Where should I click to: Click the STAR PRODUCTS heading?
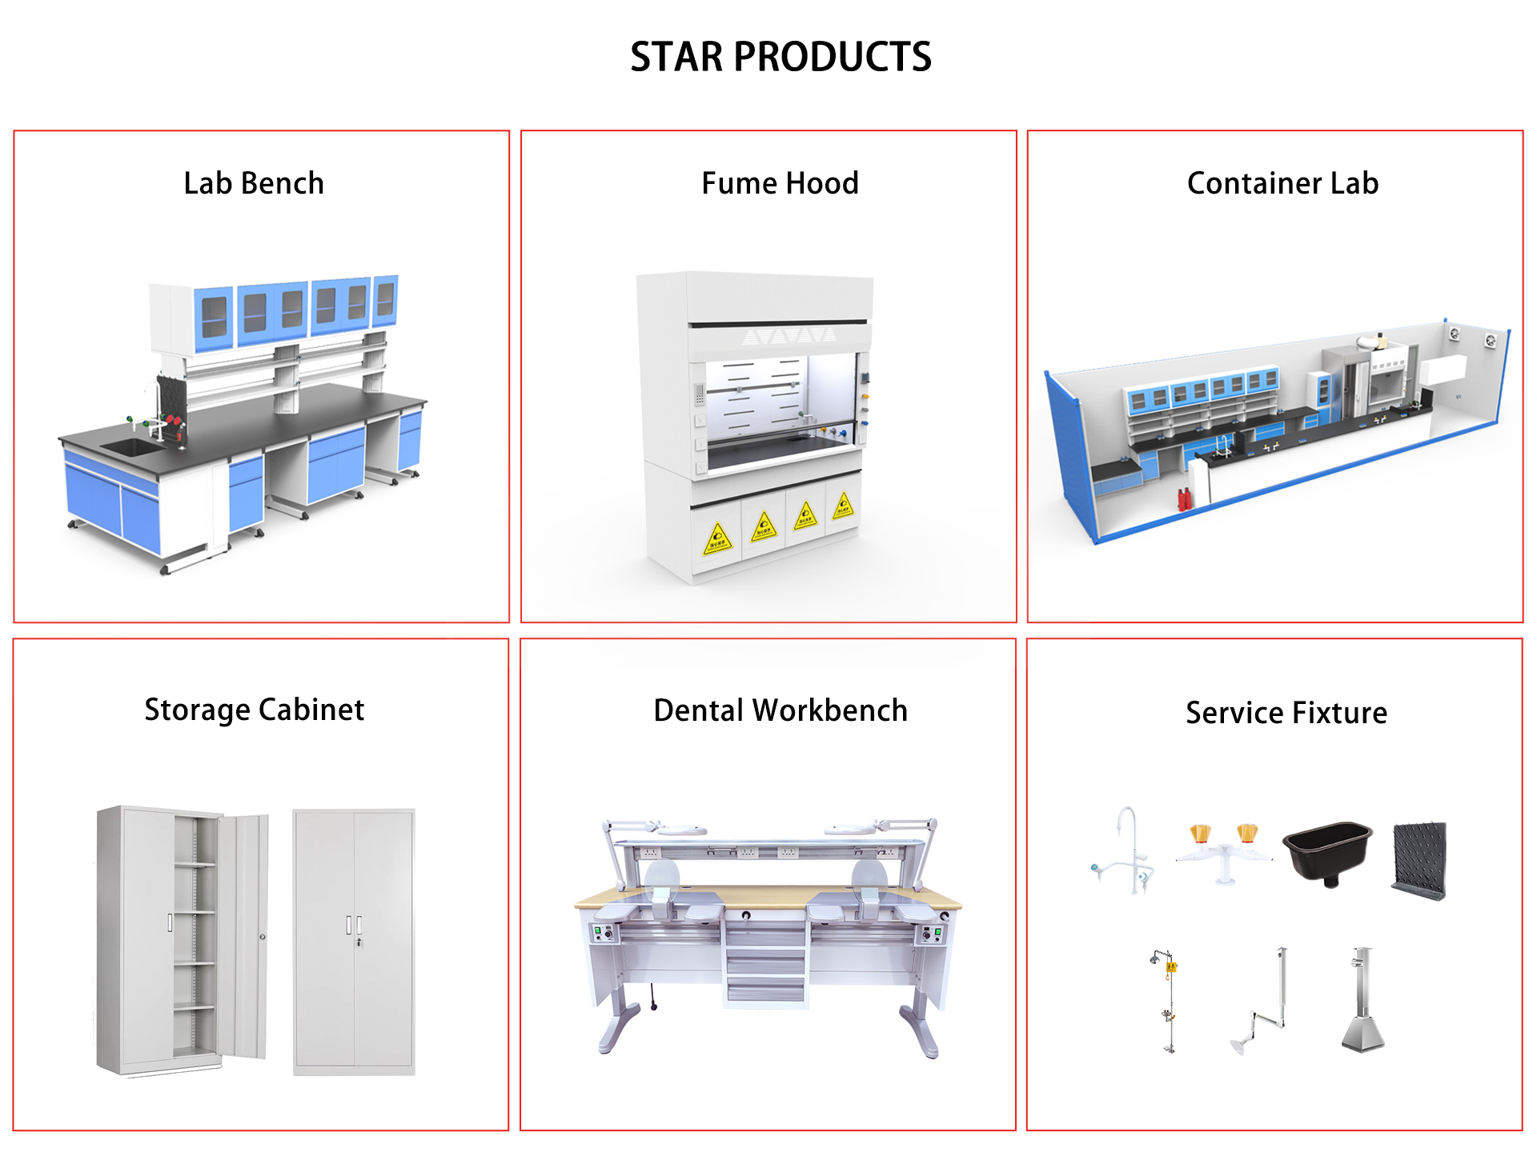coord(781,58)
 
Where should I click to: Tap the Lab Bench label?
coord(254,184)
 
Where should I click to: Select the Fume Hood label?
coord(780,184)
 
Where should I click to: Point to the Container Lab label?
coord(1282,184)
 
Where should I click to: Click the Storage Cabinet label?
coord(254,710)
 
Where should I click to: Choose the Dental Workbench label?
coord(781,710)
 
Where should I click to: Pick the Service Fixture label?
coord(1286,713)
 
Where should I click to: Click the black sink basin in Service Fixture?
coord(1327,850)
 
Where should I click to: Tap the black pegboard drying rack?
coord(1420,860)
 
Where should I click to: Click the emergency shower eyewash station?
coord(1168,1000)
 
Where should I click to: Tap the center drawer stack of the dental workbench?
coord(765,964)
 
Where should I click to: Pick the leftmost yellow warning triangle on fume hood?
coord(717,539)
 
